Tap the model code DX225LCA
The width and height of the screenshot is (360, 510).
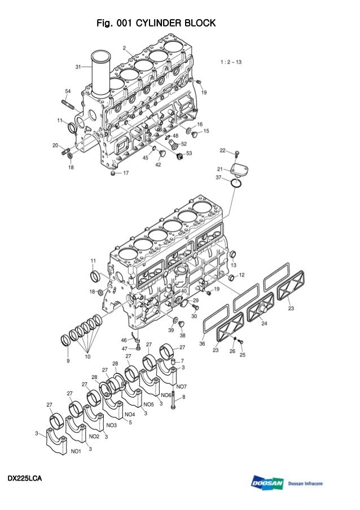point(25,479)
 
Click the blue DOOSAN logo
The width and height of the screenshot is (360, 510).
point(267,483)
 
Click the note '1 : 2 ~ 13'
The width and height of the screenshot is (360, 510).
point(231,62)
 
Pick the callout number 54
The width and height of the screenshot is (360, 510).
point(68,91)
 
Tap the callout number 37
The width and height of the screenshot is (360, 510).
point(218,177)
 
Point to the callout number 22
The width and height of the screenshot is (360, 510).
point(222,150)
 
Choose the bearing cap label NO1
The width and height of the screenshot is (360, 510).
point(76,451)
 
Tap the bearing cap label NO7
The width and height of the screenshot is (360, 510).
point(181,386)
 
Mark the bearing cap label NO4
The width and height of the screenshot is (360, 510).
point(130,414)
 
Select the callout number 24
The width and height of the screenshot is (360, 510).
point(264,324)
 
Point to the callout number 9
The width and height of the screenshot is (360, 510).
point(68,360)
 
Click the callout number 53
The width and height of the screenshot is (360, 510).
point(188,153)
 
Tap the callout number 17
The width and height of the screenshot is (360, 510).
point(125,173)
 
